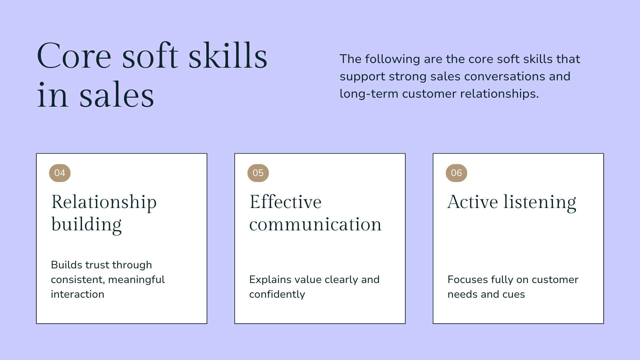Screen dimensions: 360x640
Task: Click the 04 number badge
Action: click(x=60, y=173)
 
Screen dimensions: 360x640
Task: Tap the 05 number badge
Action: click(x=258, y=173)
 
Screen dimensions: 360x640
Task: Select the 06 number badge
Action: click(x=456, y=173)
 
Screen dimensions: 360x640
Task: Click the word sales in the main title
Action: click(x=117, y=96)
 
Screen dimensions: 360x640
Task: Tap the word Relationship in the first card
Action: click(x=104, y=202)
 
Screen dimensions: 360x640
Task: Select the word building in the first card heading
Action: click(x=86, y=224)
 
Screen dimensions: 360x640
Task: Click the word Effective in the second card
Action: click(x=285, y=202)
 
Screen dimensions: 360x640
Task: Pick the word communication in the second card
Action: click(x=315, y=224)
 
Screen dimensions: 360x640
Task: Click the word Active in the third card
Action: click(x=473, y=202)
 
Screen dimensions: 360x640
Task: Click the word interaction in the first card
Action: click(x=77, y=294)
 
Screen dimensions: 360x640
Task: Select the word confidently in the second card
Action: click(x=277, y=294)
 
